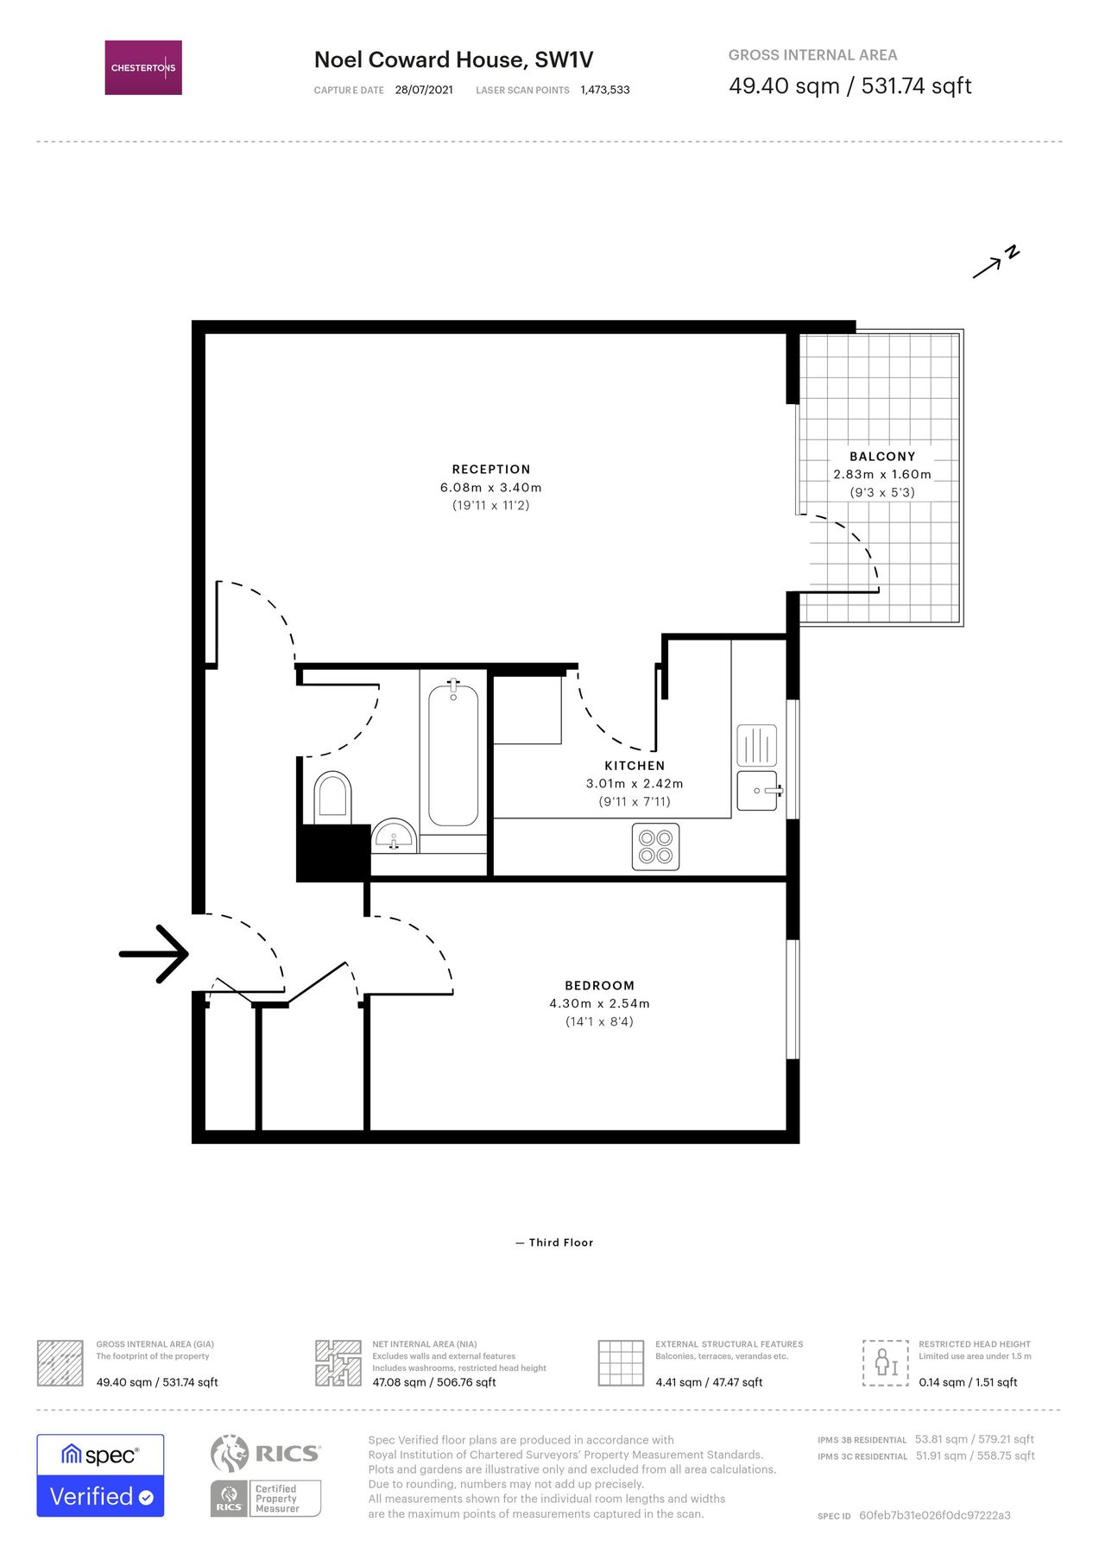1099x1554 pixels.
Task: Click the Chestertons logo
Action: (143, 67)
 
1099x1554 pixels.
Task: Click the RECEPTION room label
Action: (491, 470)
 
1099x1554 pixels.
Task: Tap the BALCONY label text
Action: (882, 457)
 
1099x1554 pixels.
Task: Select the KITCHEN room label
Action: (635, 766)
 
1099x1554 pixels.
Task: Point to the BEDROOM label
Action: (599, 986)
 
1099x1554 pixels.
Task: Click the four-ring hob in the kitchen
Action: (655, 846)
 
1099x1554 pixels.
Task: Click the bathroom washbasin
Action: (395, 837)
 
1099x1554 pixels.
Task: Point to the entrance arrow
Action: (155, 954)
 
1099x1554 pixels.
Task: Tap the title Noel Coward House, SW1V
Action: (453, 60)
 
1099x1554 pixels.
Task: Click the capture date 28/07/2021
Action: (424, 90)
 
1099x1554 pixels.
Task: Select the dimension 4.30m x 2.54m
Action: (599, 1004)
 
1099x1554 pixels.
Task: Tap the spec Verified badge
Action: (100, 1475)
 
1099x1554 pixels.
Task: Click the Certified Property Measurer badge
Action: (266, 1498)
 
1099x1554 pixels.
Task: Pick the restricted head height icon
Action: (885, 1363)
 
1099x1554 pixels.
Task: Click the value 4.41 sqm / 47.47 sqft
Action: (709, 1382)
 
